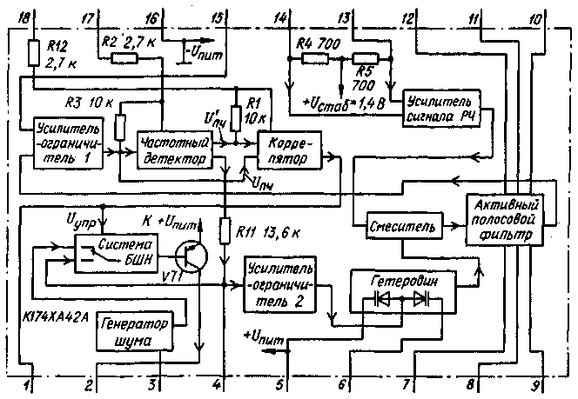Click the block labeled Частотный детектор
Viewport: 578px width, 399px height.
[x=173, y=150]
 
